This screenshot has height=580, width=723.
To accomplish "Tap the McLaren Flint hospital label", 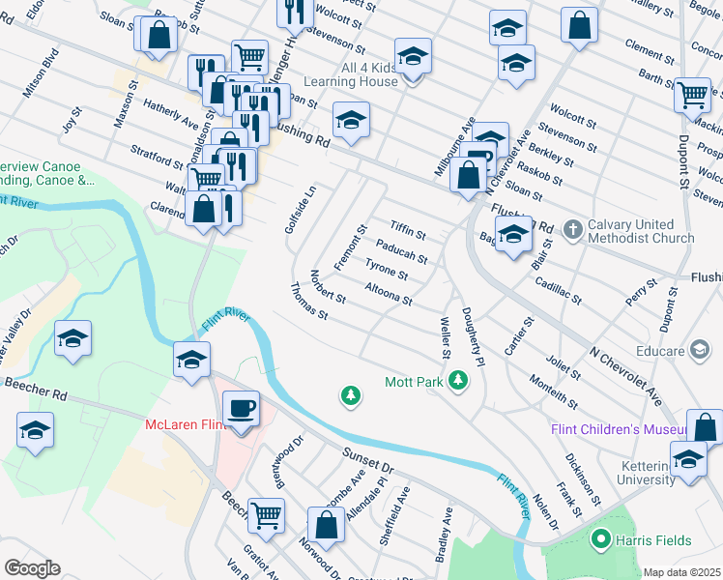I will pos(186,425).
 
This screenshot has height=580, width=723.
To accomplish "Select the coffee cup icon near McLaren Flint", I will pos(241,408).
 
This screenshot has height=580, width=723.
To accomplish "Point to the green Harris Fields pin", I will pos(601,539).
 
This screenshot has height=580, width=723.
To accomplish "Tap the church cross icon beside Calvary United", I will pos(572,229).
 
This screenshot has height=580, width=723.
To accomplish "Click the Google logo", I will pos(32,567).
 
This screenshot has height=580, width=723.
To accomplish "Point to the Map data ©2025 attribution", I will pos(681,572).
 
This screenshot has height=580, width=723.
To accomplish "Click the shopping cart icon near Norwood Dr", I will pos(266,515).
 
